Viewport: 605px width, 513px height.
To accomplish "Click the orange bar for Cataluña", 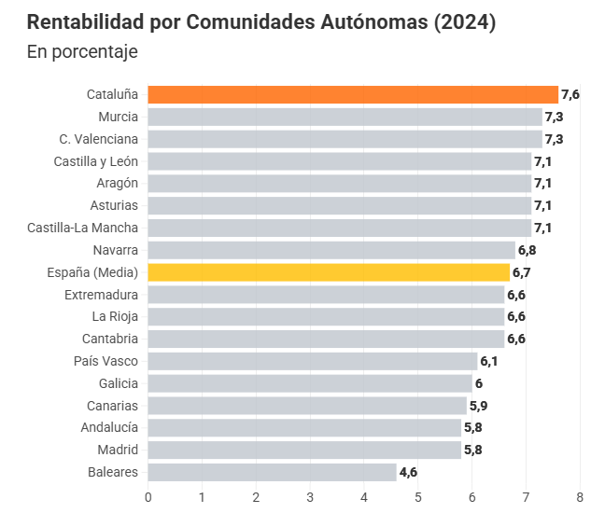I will [353, 94].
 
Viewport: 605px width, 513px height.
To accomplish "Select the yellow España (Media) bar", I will [329, 272].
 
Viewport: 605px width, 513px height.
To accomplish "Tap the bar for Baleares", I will [272, 472].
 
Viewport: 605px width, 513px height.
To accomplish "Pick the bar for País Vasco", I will [313, 361].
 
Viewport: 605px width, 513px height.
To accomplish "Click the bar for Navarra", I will [331, 250].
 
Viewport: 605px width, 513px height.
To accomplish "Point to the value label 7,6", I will [570, 94].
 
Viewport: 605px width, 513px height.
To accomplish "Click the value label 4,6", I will [408, 472].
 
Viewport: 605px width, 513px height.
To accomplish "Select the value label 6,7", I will [522, 272].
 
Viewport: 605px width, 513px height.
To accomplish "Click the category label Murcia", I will [118, 117].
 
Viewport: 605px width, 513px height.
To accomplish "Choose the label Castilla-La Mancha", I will [82, 228].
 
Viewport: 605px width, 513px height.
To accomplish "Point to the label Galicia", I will [118, 383].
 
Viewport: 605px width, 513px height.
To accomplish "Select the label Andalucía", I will [110, 427].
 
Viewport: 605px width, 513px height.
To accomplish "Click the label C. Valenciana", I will [98, 139].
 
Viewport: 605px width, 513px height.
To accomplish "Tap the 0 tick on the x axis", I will [148, 497].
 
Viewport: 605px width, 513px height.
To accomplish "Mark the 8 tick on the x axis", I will [580, 497].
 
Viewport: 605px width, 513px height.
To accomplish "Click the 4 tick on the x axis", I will [364, 497].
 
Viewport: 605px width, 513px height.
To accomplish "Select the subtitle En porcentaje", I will [82, 51].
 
